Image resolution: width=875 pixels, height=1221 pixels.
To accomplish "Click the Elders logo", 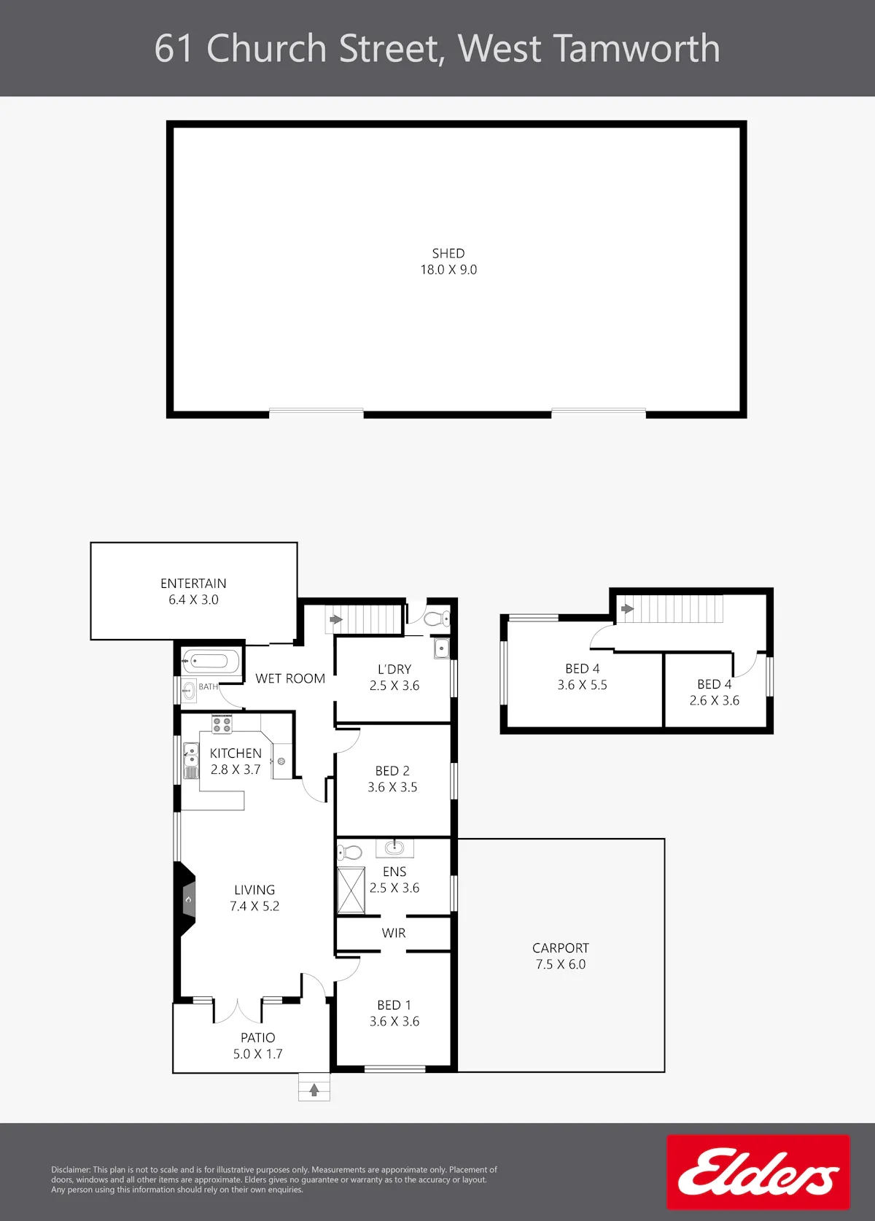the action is click(x=758, y=1172).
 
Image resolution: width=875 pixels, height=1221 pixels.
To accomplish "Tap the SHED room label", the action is click(x=448, y=254).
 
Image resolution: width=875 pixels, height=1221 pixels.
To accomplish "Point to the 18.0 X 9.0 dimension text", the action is click(x=448, y=270).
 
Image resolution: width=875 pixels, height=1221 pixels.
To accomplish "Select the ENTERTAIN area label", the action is click(x=193, y=584).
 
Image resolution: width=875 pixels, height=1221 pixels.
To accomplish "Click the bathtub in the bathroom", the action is click(x=210, y=662).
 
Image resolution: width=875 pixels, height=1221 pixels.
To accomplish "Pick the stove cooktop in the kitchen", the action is click(x=222, y=725).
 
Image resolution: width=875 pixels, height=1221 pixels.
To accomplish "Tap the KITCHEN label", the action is click(x=236, y=753).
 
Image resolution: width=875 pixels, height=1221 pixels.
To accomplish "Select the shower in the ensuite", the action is click(x=351, y=890).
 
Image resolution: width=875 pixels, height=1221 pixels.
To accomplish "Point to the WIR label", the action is click(x=394, y=933).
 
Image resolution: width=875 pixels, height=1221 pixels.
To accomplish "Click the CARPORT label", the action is click(x=561, y=948).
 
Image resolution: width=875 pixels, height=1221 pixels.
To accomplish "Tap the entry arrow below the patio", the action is click(x=314, y=1090).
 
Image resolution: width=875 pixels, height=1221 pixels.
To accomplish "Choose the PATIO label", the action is click(x=257, y=1038).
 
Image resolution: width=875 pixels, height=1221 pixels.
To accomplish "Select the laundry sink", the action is click(x=442, y=648).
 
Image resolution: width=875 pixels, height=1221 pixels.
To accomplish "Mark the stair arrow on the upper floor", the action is click(x=628, y=609).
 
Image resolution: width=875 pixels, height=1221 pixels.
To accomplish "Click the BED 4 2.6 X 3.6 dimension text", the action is click(x=715, y=700).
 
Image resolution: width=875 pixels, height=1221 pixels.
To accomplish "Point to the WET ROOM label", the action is click(x=290, y=678).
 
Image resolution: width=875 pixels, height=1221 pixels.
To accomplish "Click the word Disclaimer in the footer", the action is click(x=71, y=1170).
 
